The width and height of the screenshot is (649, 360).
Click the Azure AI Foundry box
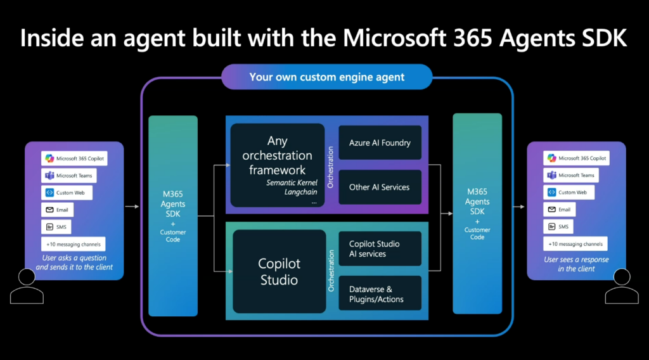coord(380,143)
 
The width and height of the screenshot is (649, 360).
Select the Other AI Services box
coord(380,187)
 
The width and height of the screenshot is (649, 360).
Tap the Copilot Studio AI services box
coord(380,248)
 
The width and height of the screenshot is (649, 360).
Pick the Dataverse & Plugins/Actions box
coord(380,293)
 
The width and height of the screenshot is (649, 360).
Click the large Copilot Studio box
coord(280,271)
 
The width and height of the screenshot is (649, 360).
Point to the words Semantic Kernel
coord(292,183)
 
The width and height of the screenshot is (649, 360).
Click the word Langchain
coord(301,192)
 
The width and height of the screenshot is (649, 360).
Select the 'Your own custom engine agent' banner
coord(327,77)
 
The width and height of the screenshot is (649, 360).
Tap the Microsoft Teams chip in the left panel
coord(68,176)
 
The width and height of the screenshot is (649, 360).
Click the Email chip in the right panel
coord(559,209)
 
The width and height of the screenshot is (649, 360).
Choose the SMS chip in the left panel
coord(56,227)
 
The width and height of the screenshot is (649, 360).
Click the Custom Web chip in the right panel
coord(569,193)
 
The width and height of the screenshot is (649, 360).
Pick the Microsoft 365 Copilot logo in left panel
coord(49,158)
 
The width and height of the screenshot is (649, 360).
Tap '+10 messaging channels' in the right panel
coord(575,244)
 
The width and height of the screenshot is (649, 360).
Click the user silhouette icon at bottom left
coord(27,286)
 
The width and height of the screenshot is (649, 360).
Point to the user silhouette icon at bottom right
coord(622,286)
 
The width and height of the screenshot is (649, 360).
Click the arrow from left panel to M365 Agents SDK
coord(132,206)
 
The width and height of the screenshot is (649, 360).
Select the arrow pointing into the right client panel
coord(518,207)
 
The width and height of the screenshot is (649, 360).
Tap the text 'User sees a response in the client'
coord(576,264)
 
